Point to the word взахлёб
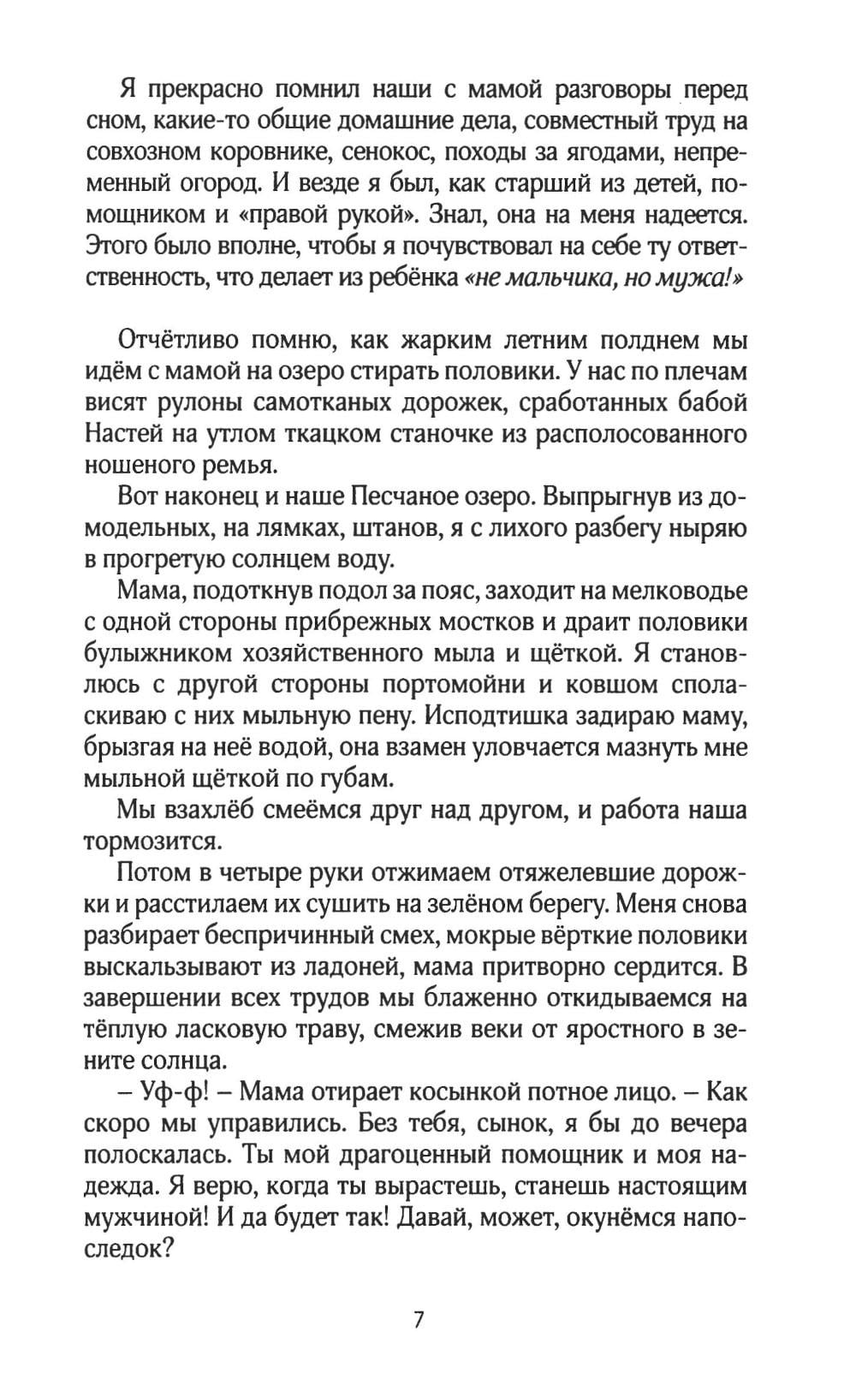tap(213, 810)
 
